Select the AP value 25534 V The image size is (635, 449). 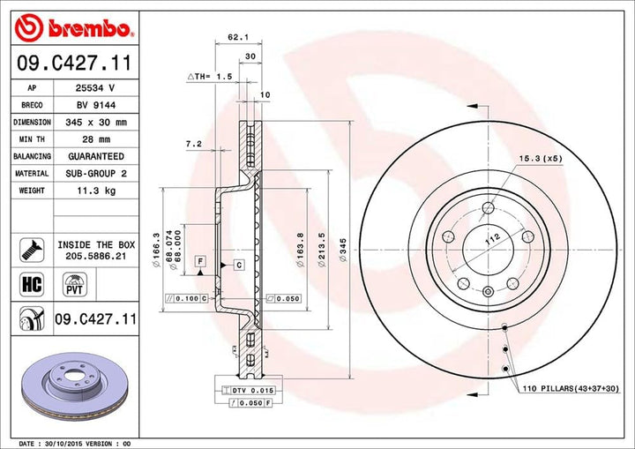(94, 89)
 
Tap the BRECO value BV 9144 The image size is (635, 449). (94, 106)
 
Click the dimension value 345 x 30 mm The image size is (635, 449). (95, 123)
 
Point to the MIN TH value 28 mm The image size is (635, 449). (94, 139)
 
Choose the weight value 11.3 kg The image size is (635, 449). (94, 190)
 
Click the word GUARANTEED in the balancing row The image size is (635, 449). (95, 156)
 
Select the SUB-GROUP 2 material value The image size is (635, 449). (95, 173)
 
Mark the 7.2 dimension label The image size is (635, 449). (194, 143)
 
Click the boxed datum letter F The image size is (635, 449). (201, 262)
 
